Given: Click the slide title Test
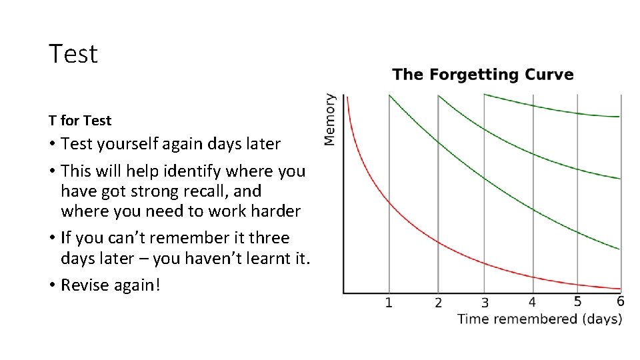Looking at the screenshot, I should (73, 54).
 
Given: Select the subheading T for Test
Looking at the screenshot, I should (80, 121).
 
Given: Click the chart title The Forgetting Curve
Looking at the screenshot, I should (483, 74).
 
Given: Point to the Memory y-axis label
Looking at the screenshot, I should (330, 119).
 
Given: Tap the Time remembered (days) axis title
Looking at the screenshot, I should (539, 319).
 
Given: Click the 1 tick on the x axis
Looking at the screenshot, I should (389, 303).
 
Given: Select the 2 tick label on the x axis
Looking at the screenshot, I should (438, 303).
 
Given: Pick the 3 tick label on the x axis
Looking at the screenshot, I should (485, 303).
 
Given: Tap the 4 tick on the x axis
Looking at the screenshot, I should (532, 303).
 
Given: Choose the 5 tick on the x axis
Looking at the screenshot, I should (577, 301).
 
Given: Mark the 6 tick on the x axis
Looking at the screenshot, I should (621, 301).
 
